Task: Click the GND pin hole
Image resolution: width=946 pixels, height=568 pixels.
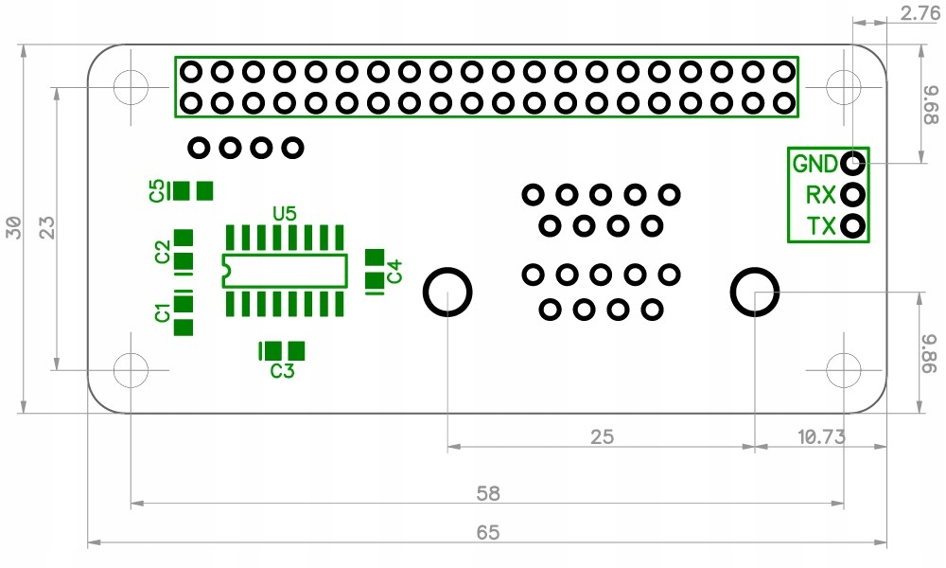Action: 853,163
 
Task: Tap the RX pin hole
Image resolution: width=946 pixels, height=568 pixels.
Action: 853,194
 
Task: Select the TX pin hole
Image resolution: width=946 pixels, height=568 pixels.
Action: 853,225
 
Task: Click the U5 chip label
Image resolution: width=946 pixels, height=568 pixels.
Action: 285,214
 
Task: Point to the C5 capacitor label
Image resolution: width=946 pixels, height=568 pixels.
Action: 157,190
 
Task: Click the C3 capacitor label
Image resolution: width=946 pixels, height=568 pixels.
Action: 282,370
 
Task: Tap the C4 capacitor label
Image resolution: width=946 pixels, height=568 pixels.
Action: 394,271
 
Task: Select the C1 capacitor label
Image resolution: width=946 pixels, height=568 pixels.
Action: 162,313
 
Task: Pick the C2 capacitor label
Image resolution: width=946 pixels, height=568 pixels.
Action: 163,252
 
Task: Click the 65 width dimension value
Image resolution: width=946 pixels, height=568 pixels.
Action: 488,532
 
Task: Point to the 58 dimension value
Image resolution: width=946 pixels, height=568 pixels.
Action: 488,494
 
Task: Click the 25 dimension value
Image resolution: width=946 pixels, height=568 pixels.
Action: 602,437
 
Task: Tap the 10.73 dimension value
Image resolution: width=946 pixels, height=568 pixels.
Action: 821,436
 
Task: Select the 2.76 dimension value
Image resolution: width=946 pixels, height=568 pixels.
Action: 920,13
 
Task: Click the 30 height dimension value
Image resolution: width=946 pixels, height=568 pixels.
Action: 13,227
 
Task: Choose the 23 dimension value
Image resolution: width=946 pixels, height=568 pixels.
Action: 46,227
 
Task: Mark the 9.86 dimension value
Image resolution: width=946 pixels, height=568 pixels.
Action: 931,354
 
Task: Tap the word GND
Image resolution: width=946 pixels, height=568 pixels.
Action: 815,164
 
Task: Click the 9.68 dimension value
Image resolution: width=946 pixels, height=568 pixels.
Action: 931,105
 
